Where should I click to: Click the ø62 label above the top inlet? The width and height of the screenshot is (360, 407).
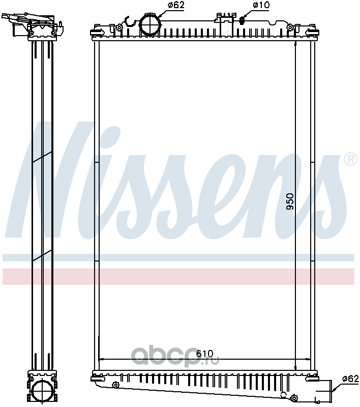click(176, 5)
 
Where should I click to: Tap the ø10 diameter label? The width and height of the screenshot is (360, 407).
click(261, 5)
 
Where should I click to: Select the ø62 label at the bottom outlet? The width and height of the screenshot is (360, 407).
click(350, 379)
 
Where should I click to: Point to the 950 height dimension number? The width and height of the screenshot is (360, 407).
click(290, 201)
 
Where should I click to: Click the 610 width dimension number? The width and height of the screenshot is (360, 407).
click(204, 354)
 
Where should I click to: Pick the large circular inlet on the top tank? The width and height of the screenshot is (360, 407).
click(150, 25)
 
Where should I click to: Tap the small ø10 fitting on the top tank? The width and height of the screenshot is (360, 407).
click(242, 20)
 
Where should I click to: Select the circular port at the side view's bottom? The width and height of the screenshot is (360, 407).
click(42, 391)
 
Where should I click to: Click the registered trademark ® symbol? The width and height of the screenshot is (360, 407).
click(351, 159)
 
